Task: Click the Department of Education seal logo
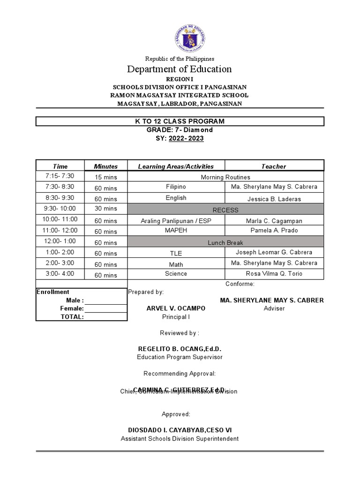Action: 180,35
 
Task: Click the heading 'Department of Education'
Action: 180,69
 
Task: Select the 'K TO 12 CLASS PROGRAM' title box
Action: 180,121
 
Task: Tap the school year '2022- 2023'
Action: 186,139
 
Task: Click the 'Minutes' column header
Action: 106,166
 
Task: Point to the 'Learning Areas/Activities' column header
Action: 176,166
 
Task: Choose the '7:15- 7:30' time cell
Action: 60,176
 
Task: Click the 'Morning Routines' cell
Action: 225,177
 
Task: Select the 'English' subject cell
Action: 176,198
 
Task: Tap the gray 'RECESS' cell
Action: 225,210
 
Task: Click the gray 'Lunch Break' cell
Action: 225,243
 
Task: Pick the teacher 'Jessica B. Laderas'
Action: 274,199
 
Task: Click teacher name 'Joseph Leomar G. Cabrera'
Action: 274,253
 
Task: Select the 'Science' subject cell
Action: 176,274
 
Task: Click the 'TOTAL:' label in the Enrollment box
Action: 72,317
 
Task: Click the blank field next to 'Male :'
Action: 105,300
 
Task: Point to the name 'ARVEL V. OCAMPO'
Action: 176,308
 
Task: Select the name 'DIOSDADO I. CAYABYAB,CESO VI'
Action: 180,430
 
